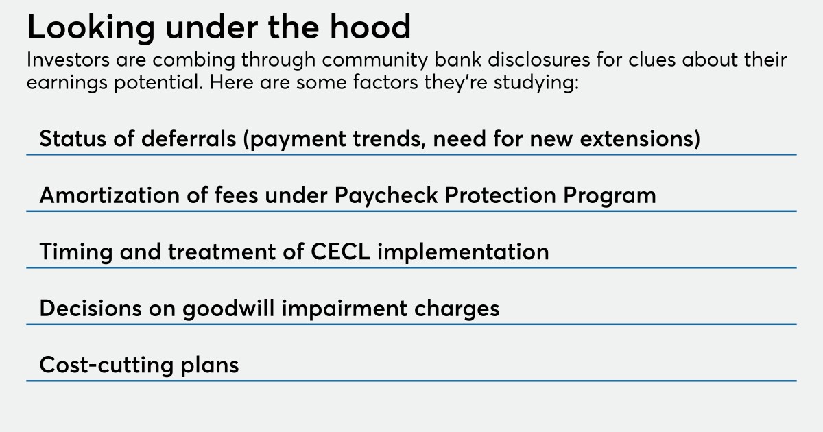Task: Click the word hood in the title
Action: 370,27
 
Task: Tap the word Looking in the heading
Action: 91,29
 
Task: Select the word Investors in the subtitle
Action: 68,60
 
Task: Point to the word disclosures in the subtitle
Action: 538,60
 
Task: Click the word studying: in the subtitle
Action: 536,83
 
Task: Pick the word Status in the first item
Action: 73,139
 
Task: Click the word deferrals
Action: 189,139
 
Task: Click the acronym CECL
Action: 340,252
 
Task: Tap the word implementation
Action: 464,252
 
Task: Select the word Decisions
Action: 91,308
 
